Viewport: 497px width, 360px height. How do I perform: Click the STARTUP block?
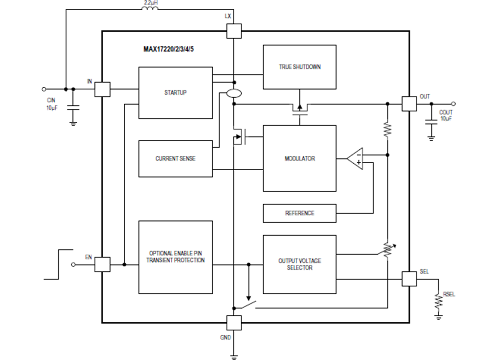[175, 92]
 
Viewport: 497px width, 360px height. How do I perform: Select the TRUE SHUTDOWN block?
[300, 67]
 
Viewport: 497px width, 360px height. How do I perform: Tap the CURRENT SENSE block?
[175, 159]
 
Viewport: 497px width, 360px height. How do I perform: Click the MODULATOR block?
[300, 159]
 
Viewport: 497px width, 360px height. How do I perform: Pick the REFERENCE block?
[300, 213]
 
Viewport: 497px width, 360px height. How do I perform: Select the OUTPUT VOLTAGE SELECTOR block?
[300, 264]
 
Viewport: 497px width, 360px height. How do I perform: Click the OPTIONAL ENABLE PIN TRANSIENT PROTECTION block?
[175, 257]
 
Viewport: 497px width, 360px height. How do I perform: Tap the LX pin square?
[234, 31]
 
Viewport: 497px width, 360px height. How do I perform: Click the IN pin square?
[102, 89]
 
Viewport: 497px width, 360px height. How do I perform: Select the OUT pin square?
[409, 103]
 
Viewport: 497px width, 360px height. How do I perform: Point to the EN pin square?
[102, 264]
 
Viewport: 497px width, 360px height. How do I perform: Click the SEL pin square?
[409, 279]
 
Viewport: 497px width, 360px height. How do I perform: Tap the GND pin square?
[234, 323]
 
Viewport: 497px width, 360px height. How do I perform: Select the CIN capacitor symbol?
[73, 108]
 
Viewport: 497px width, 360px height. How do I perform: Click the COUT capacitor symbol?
[431, 122]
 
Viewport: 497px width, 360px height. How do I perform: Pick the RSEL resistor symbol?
[439, 301]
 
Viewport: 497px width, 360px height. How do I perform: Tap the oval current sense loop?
[234, 94]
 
